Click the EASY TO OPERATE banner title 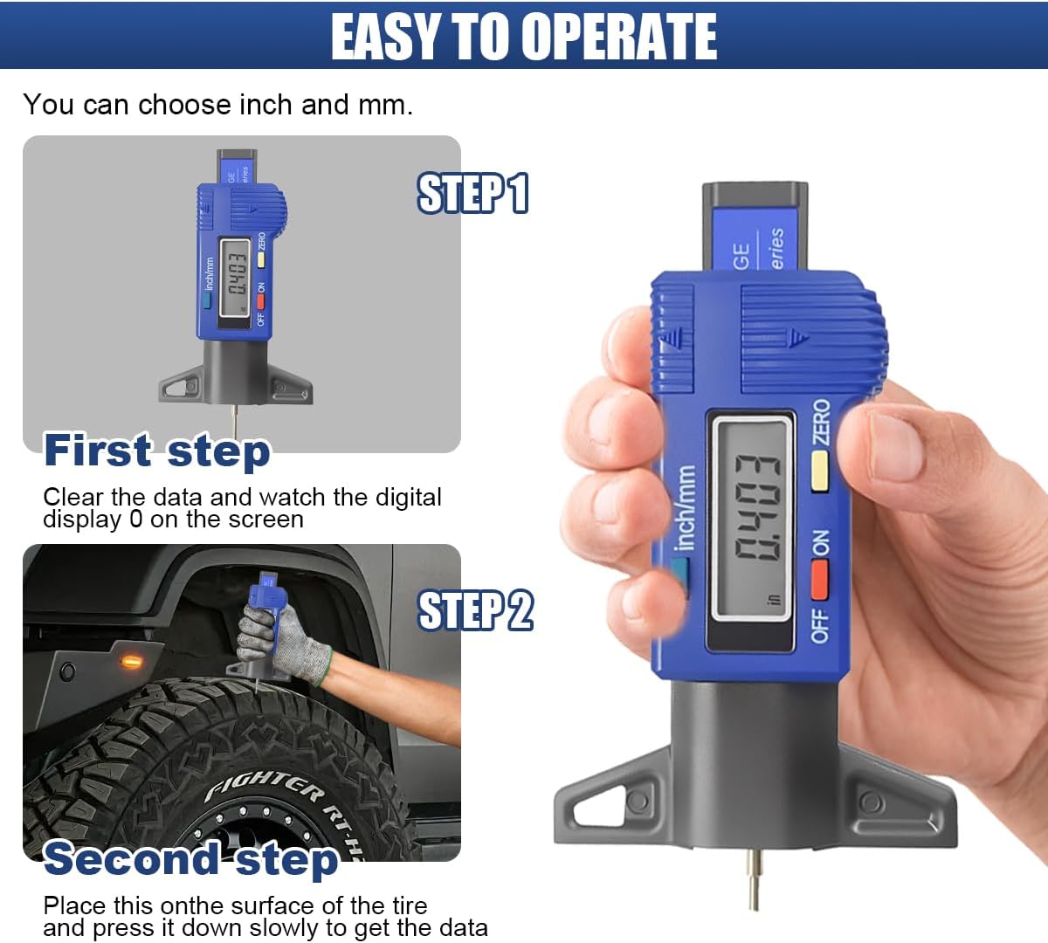[x=524, y=37]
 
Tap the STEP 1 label [x=472, y=194]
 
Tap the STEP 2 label [x=475, y=610]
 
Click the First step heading [x=157, y=451]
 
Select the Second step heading [x=190, y=858]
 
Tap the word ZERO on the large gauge [x=821, y=422]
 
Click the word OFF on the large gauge [x=820, y=625]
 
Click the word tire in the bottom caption [x=403, y=905]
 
